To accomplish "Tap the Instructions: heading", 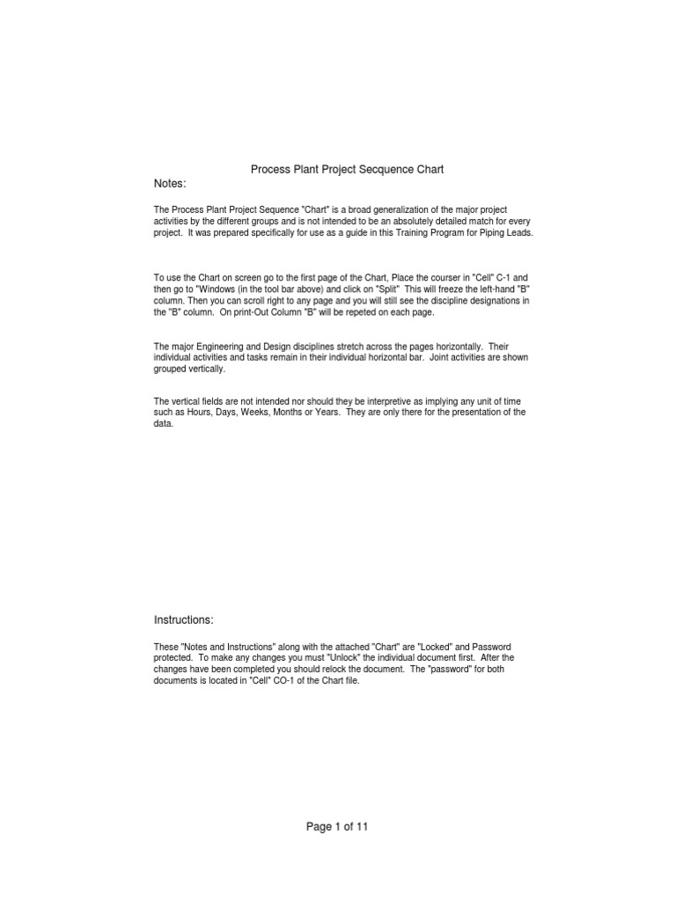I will coord(184,620).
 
